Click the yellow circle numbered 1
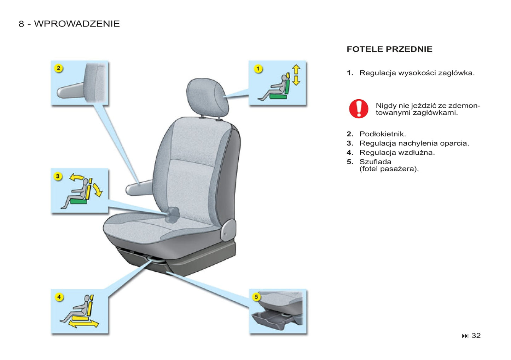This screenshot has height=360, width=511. pyautogui.click(x=258, y=69)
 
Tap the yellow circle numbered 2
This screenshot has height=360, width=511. pyautogui.click(x=59, y=68)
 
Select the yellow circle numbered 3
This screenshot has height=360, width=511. pyautogui.click(x=58, y=176)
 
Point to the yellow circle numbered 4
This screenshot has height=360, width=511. pyautogui.click(x=59, y=297)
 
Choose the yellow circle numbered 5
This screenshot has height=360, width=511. pyautogui.click(x=256, y=297)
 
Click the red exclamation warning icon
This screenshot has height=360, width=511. pyautogui.click(x=359, y=109)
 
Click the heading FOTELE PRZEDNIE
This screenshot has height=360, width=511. pyautogui.click(x=389, y=49)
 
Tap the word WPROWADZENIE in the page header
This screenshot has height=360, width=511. pyautogui.click(x=77, y=24)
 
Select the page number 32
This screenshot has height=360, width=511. pyautogui.click(x=476, y=336)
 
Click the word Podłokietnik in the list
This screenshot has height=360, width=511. pyautogui.click(x=383, y=134)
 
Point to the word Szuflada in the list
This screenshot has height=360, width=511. pyautogui.click(x=375, y=162)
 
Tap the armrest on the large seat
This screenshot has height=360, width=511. pyautogui.click(x=139, y=188)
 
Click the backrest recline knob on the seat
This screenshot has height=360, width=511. pyautogui.click(x=173, y=215)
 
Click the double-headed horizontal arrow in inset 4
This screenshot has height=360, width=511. pyautogui.click(x=83, y=324)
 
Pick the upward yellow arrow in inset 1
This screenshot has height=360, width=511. pyautogui.click(x=296, y=69)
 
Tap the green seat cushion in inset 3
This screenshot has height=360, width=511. pyautogui.click(x=78, y=201)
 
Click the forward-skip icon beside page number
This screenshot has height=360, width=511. pyautogui.click(x=465, y=336)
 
